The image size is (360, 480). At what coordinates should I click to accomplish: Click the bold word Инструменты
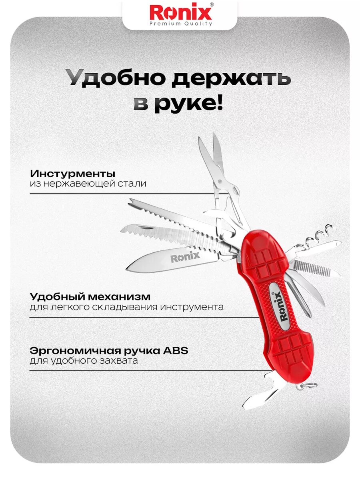click(x=73, y=174)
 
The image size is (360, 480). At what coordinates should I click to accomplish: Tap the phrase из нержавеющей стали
click(x=88, y=184)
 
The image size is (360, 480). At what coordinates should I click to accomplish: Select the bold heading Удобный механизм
click(x=90, y=297)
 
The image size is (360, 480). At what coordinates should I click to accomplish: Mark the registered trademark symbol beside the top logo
click(x=212, y=4)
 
